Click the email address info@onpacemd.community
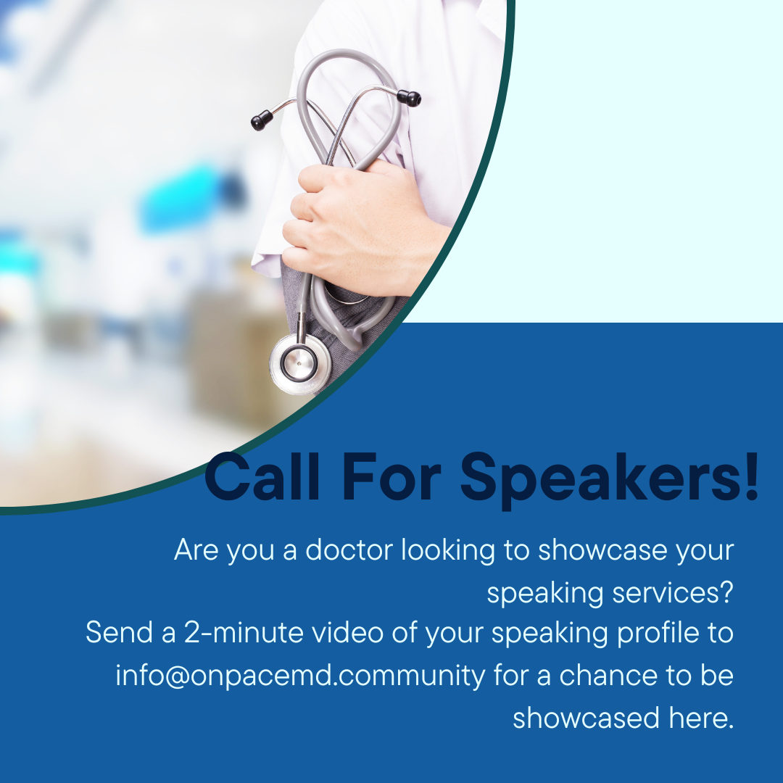(300, 675)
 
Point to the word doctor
(349, 550)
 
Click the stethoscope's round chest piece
(299, 363)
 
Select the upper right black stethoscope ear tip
(409, 98)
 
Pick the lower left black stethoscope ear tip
(262, 120)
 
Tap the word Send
(120, 632)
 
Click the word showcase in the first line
(602, 550)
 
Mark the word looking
(449, 551)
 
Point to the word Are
(196, 550)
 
